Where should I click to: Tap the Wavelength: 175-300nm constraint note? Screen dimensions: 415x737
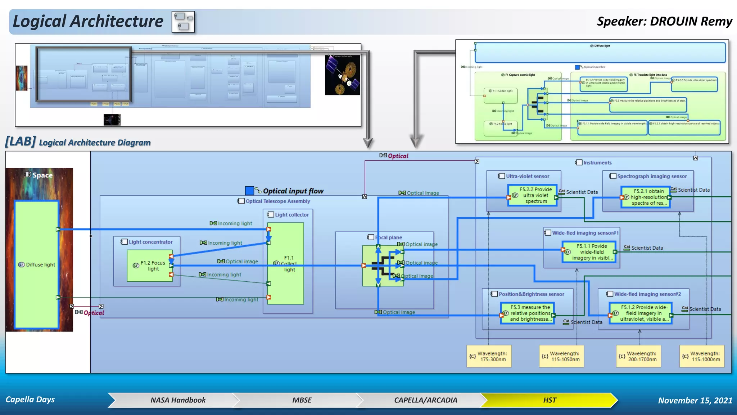pyautogui.click(x=489, y=356)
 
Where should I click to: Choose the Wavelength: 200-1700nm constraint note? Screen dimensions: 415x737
pyautogui.click(x=638, y=356)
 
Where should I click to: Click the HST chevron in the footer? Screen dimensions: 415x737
pyautogui.click(x=549, y=400)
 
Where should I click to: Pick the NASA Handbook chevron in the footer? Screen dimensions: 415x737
pyautogui.click(x=178, y=400)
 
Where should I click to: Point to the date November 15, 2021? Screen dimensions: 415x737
pyautogui.click(x=695, y=401)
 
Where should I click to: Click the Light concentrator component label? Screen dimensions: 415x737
pyautogui.click(x=150, y=242)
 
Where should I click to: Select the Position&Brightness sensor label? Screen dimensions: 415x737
pyautogui.click(x=531, y=294)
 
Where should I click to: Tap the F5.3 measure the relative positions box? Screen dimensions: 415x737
pyautogui.click(x=528, y=313)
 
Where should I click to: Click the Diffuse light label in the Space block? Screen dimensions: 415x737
pyautogui.click(x=40, y=265)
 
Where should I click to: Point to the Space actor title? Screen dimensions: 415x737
pyautogui.click(x=42, y=175)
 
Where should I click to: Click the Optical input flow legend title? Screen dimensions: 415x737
pyautogui.click(x=293, y=191)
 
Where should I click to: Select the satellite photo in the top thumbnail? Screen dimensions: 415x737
pyautogui.click(x=343, y=75)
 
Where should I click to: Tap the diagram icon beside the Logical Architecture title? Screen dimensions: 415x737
pyautogui.click(x=183, y=22)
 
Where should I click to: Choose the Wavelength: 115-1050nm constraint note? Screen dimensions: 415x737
pyautogui.click(x=561, y=356)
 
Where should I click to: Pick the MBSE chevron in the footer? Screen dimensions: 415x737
pyautogui.click(x=302, y=400)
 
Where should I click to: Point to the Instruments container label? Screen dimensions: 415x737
pyautogui.click(x=597, y=163)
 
